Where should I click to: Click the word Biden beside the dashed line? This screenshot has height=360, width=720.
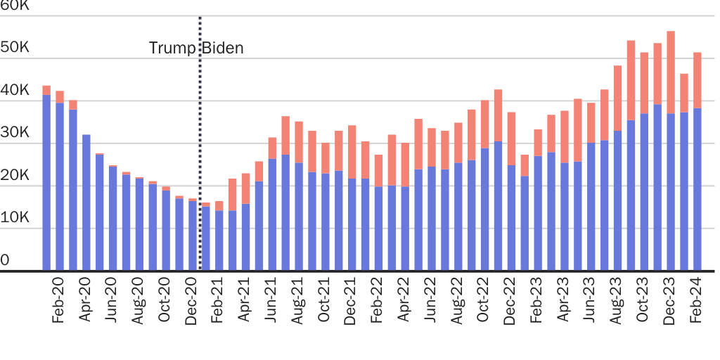224,49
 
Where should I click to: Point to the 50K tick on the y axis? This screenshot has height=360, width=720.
15,49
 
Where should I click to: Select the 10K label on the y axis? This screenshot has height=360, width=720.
15,218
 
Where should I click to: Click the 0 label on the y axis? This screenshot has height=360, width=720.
6,261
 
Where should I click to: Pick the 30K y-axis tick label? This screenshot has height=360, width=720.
15,134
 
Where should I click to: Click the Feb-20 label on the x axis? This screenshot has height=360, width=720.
59,303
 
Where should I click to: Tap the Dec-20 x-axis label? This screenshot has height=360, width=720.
192,303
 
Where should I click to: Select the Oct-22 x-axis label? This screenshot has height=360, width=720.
484,303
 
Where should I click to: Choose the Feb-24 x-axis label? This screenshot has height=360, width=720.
697,303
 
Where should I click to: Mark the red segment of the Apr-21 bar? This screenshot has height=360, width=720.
245,188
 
